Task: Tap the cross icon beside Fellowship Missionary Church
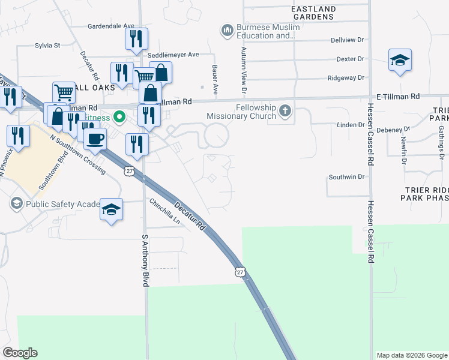(286, 110)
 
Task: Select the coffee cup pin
(95, 140)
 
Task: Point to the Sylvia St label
(47, 45)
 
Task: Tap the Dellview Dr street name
(348, 40)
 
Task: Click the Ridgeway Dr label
(346, 78)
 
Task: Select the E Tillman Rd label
(398, 96)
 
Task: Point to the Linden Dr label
(348, 125)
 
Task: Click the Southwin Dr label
(346, 177)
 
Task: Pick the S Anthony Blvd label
(145, 260)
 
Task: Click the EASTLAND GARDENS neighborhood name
(312, 13)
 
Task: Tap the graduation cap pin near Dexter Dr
(400, 60)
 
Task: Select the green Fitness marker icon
(119, 116)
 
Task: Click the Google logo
(20, 353)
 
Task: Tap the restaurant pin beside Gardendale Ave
(136, 38)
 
